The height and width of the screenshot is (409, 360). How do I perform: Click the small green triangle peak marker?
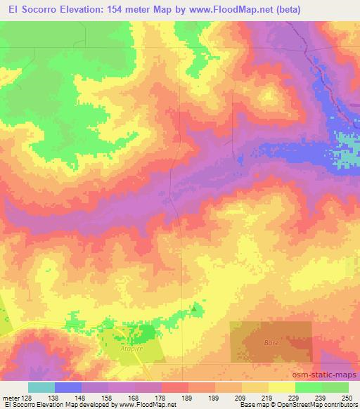pos(195,307)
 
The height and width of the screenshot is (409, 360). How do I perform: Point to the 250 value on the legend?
pos(347,397)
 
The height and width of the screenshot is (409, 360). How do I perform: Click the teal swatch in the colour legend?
pos(41,387)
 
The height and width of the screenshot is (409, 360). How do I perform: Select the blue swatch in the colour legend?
pos(68,387)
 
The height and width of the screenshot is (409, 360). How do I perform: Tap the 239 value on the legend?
pos(319,397)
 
